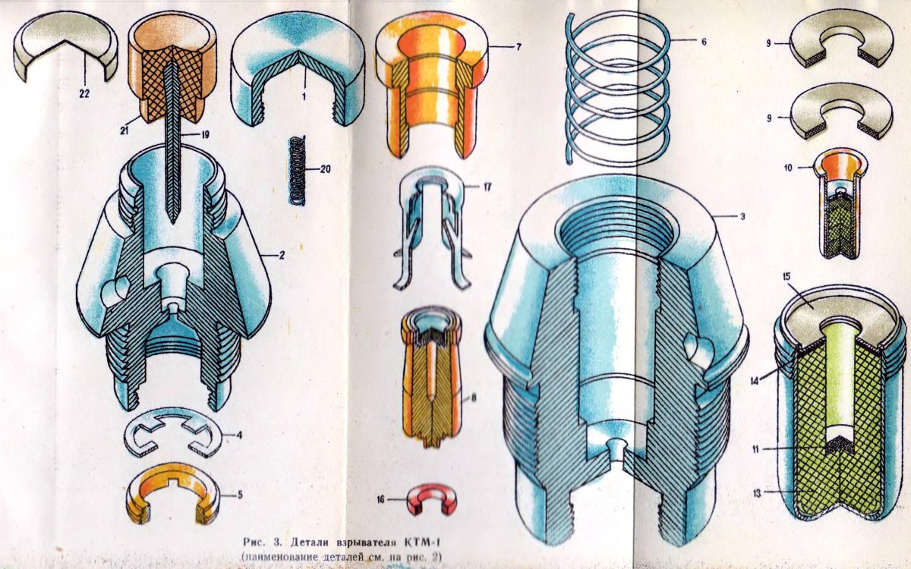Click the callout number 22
tap(84, 94)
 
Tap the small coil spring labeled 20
tap(298, 170)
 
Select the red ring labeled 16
tap(432, 499)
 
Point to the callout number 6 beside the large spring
tap(704, 41)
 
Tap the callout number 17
tap(487, 187)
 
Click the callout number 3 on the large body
tap(742, 217)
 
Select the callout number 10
tap(788, 168)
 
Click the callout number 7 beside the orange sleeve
tap(518, 47)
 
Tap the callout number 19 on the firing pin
tap(205, 134)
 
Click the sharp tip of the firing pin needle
tap(173, 224)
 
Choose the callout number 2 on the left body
tap(281, 255)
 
